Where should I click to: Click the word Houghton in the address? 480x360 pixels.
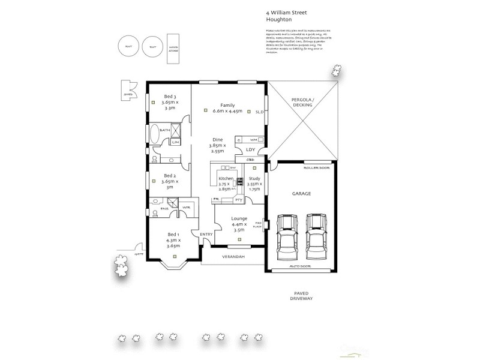coord(278,18)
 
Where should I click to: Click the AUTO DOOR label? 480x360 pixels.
coord(300,265)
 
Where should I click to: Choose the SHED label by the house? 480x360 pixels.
coord(128,94)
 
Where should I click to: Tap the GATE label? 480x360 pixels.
coord(139,254)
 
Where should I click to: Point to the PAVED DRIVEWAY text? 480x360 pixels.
coord(301,296)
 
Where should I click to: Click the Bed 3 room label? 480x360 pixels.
coord(170,96)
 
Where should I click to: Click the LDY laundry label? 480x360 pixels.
coord(250,150)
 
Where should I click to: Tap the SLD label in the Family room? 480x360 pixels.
coord(259,112)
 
